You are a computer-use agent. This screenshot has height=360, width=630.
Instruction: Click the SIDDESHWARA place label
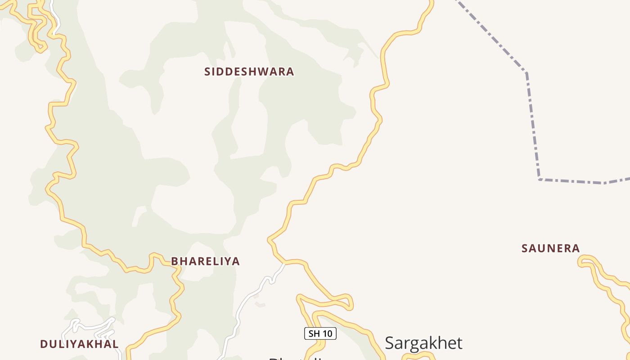coord(249,72)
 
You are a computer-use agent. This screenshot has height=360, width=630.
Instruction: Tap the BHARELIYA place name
coord(205,261)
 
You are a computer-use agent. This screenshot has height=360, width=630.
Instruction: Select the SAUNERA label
coord(550,248)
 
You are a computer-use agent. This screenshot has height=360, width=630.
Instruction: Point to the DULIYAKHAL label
coord(79,344)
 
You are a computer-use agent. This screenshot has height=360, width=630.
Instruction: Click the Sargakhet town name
coord(423,343)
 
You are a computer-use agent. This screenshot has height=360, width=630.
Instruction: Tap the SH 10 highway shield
coord(320,333)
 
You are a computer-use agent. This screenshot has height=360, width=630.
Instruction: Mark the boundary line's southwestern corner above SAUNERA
coord(539,180)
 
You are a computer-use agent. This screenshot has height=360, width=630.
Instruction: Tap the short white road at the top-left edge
coord(54,16)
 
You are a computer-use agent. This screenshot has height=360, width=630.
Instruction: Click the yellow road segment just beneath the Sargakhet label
coord(418,355)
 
